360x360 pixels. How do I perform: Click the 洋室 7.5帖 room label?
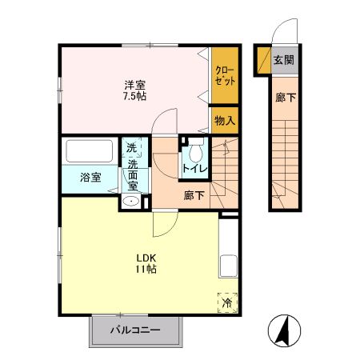(x=134, y=90)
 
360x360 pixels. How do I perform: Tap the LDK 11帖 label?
(x=145, y=262)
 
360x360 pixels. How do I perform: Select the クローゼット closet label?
(x=223, y=76)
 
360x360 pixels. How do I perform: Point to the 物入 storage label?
(x=224, y=121)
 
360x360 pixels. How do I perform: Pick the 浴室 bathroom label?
(x=90, y=177)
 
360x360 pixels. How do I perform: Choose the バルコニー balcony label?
(x=135, y=330)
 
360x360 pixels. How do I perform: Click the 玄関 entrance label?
(x=283, y=60)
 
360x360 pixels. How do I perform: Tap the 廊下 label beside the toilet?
(x=193, y=194)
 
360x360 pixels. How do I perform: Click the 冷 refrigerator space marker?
(x=226, y=302)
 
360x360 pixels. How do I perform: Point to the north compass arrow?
(x=282, y=330)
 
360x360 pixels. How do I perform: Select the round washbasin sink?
(x=131, y=202)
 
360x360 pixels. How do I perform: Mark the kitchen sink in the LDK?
(x=226, y=265)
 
